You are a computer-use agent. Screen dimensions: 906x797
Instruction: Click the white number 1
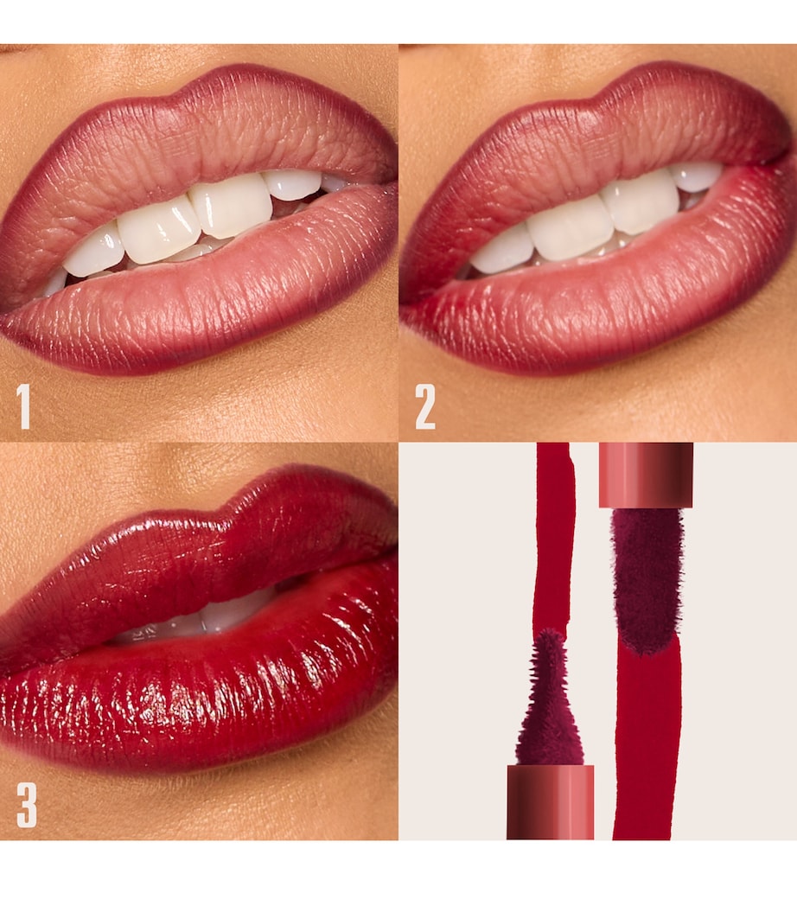(x=23, y=407)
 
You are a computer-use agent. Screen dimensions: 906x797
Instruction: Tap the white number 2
(x=425, y=407)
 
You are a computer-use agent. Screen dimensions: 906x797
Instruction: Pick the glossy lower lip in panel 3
(x=199, y=683)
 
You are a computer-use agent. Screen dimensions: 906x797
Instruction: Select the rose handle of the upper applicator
(x=646, y=474)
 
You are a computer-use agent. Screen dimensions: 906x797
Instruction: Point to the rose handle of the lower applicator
(x=550, y=801)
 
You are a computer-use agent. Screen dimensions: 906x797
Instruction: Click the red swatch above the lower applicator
(x=553, y=536)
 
